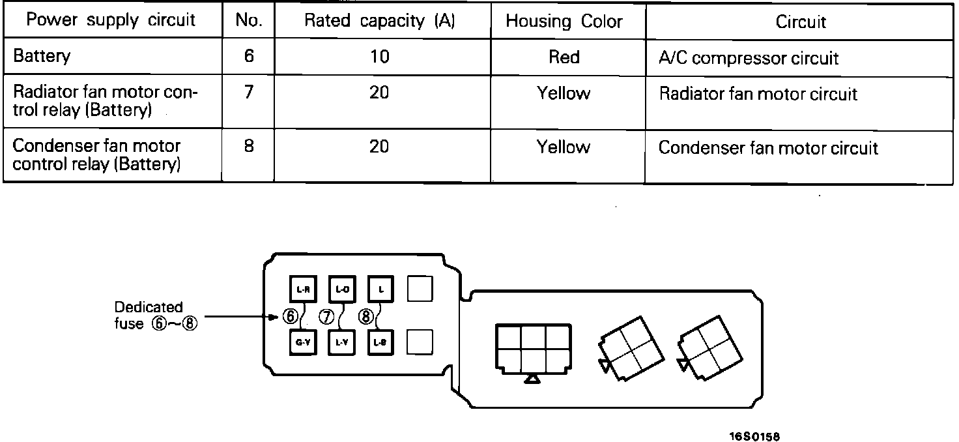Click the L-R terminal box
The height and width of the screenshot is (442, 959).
(302, 289)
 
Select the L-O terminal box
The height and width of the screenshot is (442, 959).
(341, 289)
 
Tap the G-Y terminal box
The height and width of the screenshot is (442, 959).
(302, 342)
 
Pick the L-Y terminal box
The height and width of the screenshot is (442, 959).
(341, 342)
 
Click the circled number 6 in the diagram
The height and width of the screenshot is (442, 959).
(291, 316)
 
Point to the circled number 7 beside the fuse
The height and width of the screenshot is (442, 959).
(327, 316)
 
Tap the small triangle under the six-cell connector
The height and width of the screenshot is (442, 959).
(533, 379)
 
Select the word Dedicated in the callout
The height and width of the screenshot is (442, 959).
(149, 307)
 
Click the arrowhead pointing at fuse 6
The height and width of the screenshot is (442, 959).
(276, 317)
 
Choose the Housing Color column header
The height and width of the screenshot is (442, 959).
(564, 22)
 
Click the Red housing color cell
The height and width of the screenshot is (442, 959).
(564, 57)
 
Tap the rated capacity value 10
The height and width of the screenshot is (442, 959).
(379, 57)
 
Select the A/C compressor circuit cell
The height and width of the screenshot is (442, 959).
(749, 58)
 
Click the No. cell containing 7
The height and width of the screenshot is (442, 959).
(248, 92)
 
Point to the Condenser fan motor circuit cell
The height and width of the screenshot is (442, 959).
(768, 148)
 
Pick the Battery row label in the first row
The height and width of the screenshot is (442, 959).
(41, 56)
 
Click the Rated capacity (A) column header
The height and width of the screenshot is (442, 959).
(380, 21)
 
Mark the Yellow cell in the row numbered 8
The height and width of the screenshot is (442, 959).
(564, 147)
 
